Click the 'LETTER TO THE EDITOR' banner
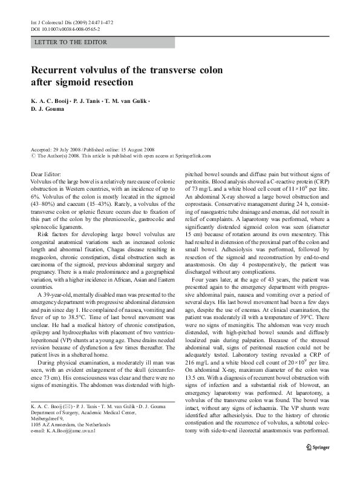(71, 42)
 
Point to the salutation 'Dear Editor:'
(46, 174)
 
